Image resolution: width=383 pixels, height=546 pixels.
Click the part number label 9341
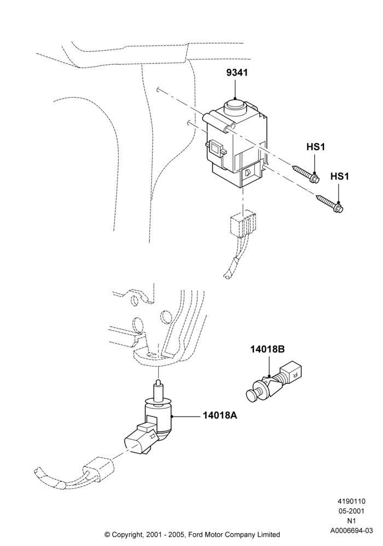pos(237,73)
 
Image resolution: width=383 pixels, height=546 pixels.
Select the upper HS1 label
pos(315,147)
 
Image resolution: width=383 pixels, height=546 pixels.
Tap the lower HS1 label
pos(339,176)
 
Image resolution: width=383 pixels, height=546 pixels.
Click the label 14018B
pos(267,349)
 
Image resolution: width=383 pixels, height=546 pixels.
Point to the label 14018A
pos(220,416)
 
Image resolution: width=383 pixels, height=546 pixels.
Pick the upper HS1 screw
pos(306,175)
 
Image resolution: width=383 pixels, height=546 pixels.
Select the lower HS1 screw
pos(330,204)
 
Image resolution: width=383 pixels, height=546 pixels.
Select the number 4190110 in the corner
pos(352,501)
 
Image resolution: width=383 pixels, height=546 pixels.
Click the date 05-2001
pos(352,511)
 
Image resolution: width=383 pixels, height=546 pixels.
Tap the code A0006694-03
pos(352,531)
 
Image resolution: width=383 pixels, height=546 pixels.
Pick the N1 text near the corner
pos(352,521)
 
